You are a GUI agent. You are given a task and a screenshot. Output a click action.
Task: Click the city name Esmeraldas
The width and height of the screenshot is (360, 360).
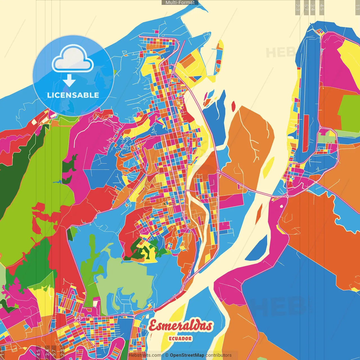click(x=180, y=326)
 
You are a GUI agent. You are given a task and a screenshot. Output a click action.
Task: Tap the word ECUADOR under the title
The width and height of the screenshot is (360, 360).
click(x=180, y=339)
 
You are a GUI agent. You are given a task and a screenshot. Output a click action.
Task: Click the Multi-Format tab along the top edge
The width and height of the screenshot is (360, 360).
click(x=180, y=3)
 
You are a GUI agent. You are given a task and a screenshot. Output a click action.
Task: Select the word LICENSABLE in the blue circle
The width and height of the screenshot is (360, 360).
click(x=73, y=95)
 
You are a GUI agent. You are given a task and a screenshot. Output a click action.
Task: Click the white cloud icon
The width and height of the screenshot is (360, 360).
click(x=73, y=59)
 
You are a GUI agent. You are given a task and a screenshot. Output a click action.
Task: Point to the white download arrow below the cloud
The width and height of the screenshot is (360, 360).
click(x=69, y=80)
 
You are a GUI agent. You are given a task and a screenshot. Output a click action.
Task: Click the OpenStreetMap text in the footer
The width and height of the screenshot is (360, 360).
click(x=187, y=355)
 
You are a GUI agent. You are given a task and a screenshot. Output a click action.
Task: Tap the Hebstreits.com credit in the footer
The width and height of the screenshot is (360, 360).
click(x=145, y=355)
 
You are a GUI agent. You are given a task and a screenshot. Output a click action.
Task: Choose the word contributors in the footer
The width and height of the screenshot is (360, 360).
click(x=219, y=355)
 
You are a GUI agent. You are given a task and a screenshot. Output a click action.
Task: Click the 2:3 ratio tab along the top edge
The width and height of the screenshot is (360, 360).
click(x=298, y=7)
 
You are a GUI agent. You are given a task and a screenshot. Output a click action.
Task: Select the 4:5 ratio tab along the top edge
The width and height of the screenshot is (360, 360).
click(x=322, y=7)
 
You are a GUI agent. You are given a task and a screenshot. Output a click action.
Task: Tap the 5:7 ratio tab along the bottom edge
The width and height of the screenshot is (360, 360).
click(x=54, y=352)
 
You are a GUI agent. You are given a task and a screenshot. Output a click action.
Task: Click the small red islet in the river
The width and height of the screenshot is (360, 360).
click(x=233, y=105)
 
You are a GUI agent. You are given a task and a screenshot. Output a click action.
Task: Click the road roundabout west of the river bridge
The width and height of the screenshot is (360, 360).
click(x=218, y=171)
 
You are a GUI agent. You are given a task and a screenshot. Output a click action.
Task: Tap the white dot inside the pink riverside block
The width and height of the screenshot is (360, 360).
click(x=281, y=206)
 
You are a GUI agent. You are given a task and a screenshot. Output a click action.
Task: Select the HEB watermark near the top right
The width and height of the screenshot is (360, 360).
click(x=280, y=52)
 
